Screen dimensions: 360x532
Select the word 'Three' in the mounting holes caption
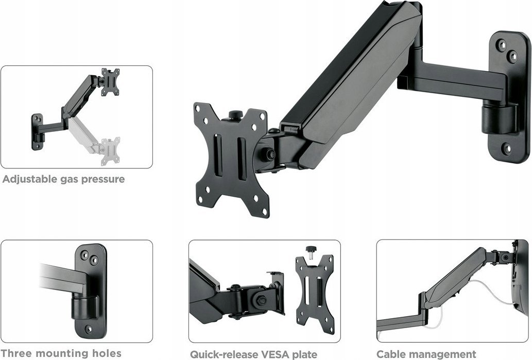click(x=18, y=353)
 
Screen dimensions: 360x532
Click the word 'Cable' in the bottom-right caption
click(x=392, y=354)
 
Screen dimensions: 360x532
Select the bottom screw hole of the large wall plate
click(x=507, y=149)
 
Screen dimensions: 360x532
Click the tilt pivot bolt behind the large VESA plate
click(x=268, y=153)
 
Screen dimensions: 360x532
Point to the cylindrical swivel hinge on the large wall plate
click(x=499, y=119)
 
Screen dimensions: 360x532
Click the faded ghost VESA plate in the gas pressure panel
click(x=110, y=150)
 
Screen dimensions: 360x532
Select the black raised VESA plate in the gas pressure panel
click(x=110, y=81)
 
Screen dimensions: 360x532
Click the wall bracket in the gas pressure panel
click(x=37, y=131)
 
